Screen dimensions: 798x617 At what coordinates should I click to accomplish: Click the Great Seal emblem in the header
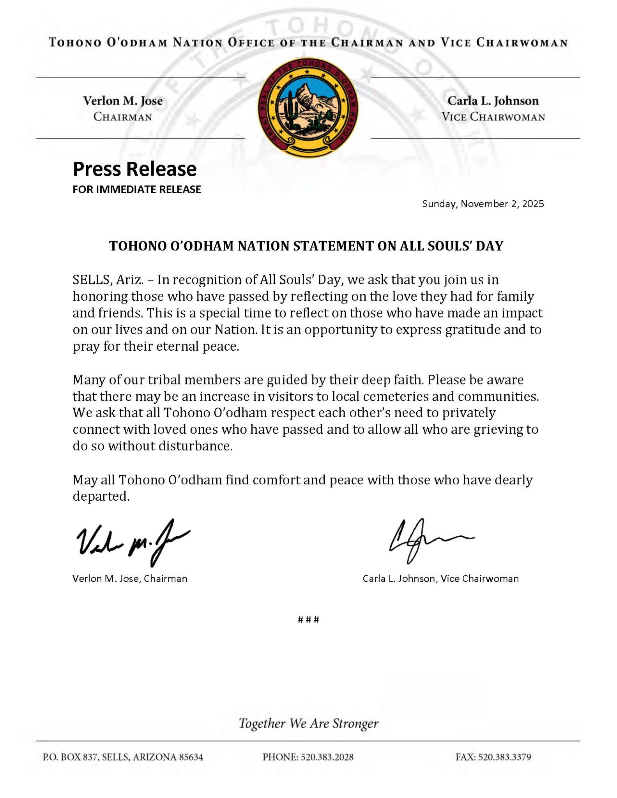tap(308, 108)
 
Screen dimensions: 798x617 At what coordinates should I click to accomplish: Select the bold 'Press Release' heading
tap(134, 169)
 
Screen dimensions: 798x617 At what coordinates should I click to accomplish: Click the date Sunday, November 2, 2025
tap(483, 204)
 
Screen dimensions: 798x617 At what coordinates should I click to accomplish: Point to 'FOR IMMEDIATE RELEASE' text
tap(137, 189)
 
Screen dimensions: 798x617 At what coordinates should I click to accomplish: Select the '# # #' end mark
tap(308, 620)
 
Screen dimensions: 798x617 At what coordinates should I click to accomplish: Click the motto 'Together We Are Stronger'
tap(308, 724)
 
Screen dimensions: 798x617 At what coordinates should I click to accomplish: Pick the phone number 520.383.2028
tap(327, 757)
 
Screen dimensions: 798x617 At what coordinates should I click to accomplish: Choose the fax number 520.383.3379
tap(505, 757)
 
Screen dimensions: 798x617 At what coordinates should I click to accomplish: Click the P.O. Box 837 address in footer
tap(123, 757)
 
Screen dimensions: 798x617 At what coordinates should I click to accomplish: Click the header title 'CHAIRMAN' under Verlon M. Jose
tap(123, 117)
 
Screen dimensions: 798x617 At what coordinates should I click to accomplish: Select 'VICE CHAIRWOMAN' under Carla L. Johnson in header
tap(493, 117)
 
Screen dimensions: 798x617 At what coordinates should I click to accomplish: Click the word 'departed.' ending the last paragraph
tap(101, 496)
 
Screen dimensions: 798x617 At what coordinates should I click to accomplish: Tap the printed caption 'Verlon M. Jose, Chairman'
tap(130, 579)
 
